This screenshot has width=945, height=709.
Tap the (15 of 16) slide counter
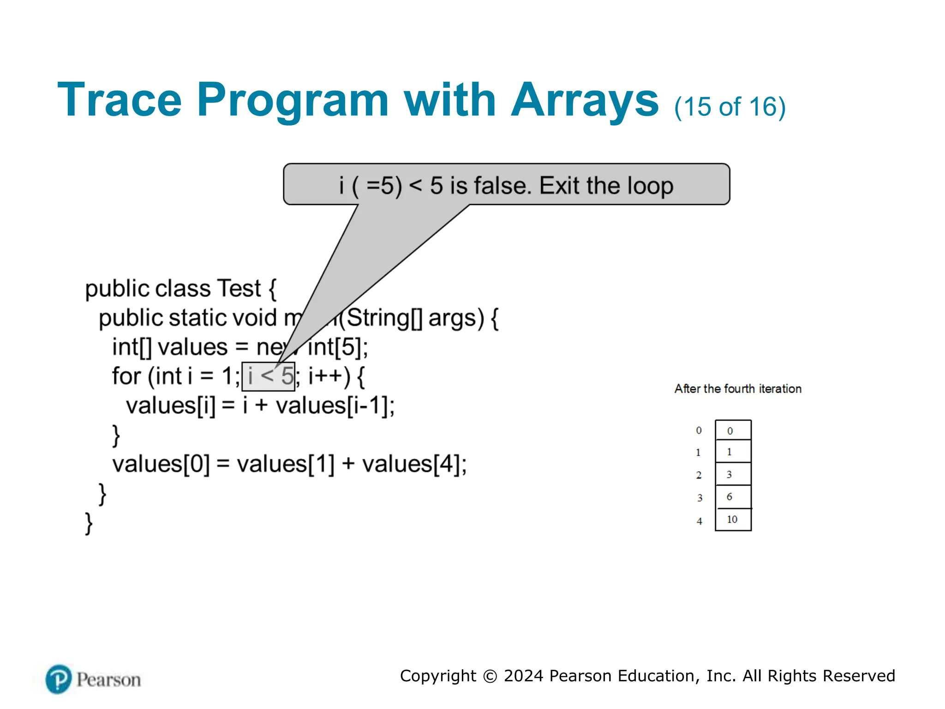point(730,107)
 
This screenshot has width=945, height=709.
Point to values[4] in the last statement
point(414,464)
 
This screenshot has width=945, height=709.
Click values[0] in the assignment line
point(161,464)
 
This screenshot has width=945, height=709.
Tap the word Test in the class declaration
point(239,289)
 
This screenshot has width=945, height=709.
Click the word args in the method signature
point(456,318)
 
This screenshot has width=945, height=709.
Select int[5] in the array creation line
point(337,348)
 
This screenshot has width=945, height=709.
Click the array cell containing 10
point(733,520)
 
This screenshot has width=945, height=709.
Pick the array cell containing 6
point(733,497)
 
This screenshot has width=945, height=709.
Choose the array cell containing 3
point(733,475)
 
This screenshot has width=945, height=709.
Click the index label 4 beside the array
point(700,521)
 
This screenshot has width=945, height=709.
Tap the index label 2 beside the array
point(699,475)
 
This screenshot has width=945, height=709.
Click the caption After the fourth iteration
point(738,389)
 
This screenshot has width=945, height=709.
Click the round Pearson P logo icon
point(59,679)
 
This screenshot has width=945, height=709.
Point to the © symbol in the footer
point(490,676)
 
